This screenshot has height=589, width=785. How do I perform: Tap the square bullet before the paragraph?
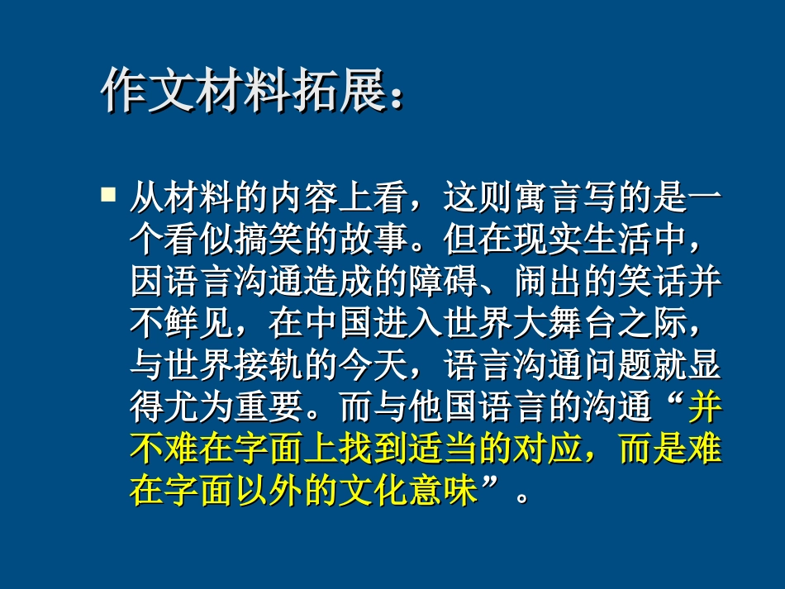pyautogui.click(x=107, y=195)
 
